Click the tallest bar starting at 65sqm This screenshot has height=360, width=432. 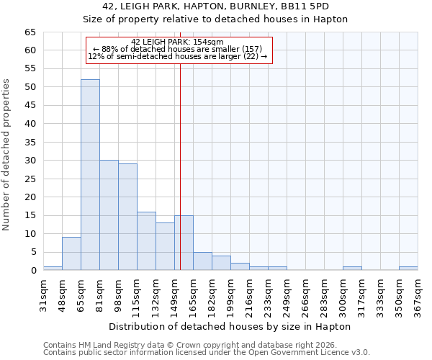[90, 175]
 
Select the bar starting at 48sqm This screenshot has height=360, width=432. [71, 253]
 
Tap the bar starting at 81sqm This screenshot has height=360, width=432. [109, 215]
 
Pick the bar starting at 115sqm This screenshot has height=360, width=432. [146, 241]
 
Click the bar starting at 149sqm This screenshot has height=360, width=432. [184, 243]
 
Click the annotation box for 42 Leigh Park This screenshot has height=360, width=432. [179, 50]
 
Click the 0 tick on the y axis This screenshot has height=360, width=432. [33, 271]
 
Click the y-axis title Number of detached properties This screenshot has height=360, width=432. [7, 155]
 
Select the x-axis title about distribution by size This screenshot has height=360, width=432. [230, 326]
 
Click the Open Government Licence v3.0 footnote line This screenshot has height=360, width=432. [206, 353]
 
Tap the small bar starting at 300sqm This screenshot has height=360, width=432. [352, 269]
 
